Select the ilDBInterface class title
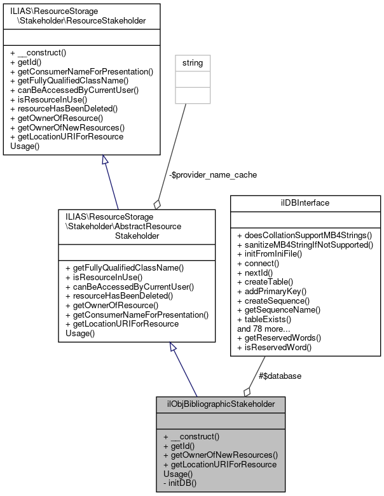coord(305,203)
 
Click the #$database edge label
coord(280,376)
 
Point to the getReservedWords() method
coord(278,337)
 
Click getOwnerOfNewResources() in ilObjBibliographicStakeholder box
coord(221,455)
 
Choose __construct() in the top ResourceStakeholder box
coord(39,53)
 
